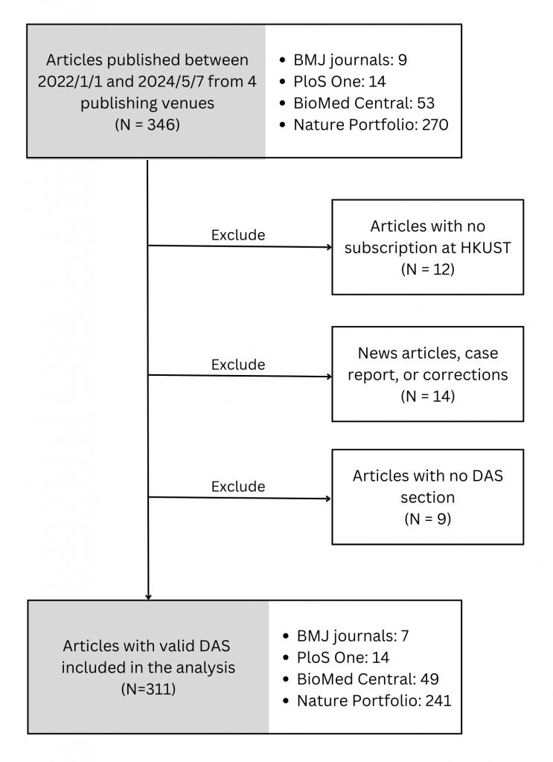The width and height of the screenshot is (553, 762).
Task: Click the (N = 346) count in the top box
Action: coord(146,125)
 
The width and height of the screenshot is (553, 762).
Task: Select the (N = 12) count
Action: coord(427,269)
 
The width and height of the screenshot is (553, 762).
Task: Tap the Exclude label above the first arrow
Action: coord(238,235)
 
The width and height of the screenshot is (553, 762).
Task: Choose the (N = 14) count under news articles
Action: coord(427,397)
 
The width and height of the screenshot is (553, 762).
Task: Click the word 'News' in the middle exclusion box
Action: coord(377,353)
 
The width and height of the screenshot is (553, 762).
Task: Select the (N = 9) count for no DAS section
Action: coord(427,518)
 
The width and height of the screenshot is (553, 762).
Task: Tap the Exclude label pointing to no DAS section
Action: coord(238,487)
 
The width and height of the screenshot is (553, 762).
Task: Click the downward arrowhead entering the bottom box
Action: coord(148,596)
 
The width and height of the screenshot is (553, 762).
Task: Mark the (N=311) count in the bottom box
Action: coord(148,689)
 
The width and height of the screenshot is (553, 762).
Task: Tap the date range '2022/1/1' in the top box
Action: coord(71,81)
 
